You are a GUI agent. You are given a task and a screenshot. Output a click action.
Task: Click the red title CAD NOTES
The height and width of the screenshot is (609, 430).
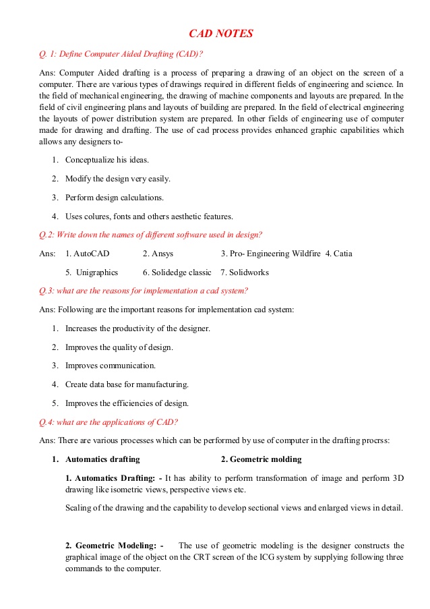click(220, 33)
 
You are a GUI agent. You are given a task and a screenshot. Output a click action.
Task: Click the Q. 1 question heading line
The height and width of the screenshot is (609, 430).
click(122, 53)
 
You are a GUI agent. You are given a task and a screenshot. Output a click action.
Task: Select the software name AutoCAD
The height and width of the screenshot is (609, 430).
click(91, 254)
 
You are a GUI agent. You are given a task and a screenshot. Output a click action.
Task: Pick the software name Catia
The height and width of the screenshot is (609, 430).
click(342, 254)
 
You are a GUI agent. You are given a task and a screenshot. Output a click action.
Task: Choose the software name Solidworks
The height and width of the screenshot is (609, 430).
click(249, 272)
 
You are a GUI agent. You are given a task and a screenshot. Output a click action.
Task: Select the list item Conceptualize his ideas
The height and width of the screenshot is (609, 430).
click(106, 160)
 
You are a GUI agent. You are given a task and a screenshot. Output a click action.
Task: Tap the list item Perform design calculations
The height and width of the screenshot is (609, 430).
click(114, 198)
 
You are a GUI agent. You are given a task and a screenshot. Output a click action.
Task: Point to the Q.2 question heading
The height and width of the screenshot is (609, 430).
click(152, 235)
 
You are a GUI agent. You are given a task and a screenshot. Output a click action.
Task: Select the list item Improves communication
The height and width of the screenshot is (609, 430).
click(111, 366)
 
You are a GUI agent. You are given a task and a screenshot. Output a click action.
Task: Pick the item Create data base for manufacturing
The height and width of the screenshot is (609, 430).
click(127, 384)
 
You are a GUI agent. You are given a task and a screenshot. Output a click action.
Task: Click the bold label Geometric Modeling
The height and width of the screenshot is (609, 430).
click(115, 545)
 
